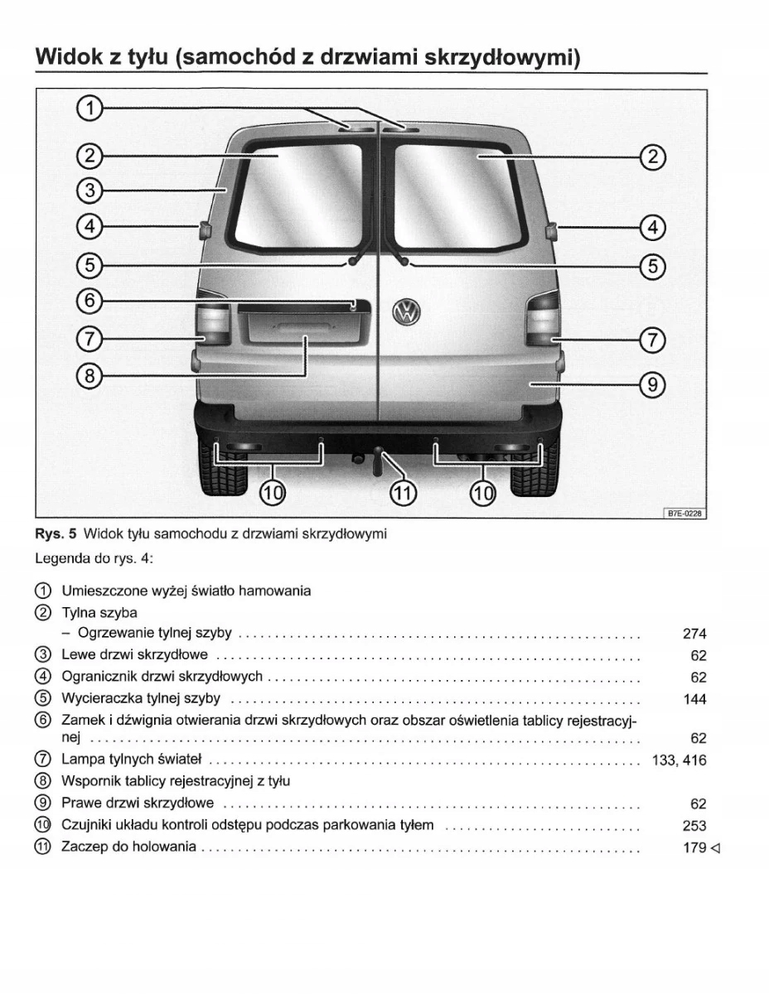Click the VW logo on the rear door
click(x=407, y=311)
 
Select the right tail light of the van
click(x=543, y=319)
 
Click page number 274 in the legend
click(x=694, y=635)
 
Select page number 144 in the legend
click(x=694, y=699)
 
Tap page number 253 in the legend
click(x=694, y=826)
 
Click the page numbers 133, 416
click(x=680, y=760)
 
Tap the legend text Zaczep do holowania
click(x=128, y=847)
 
